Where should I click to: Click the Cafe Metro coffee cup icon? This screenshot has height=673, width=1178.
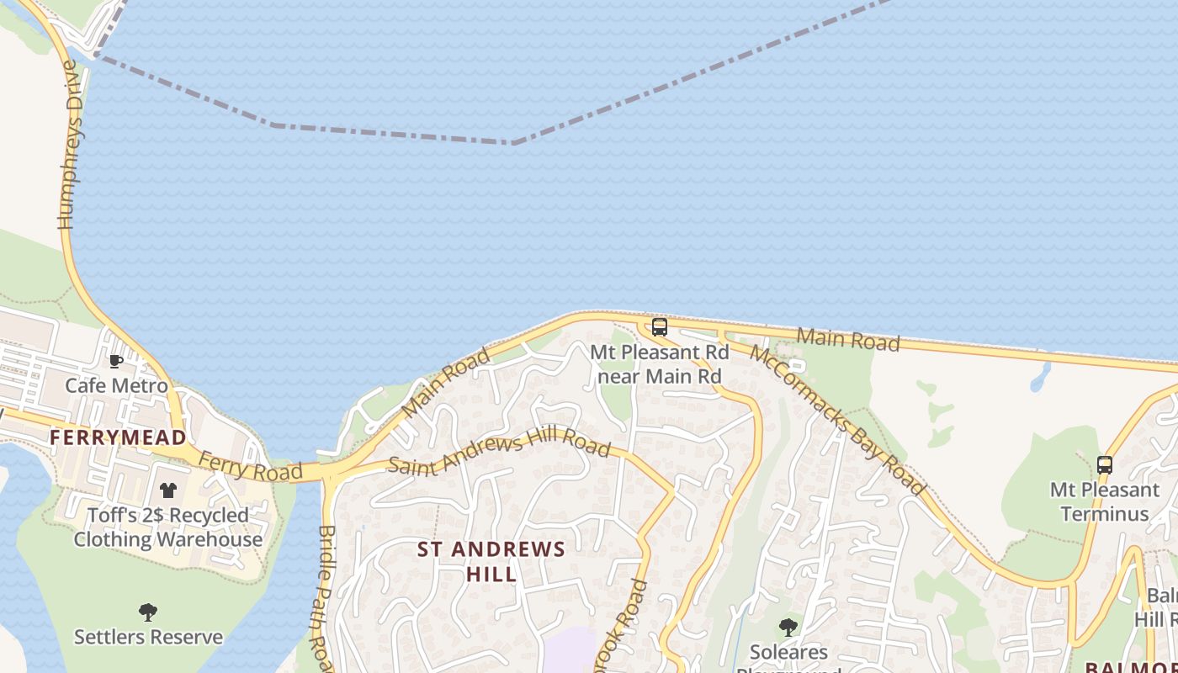(x=116, y=361)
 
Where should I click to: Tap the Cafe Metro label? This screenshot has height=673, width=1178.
(x=116, y=386)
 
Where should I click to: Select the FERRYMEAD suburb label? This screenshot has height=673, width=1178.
(x=118, y=437)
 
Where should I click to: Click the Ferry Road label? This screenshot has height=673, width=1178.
(x=251, y=468)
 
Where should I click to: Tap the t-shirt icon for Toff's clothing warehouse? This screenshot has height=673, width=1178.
(x=168, y=490)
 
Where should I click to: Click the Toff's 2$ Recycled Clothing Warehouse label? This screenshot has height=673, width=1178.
(x=168, y=527)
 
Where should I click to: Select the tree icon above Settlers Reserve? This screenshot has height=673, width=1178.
(x=148, y=612)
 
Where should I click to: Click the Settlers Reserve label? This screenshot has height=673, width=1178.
(x=148, y=637)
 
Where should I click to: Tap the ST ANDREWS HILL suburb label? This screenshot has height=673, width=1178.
(x=491, y=561)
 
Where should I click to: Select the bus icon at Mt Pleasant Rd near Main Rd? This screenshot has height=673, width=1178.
(x=660, y=327)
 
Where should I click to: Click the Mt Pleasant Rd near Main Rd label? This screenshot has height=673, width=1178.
(x=660, y=364)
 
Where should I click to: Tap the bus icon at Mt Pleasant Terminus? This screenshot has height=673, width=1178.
(x=1105, y=464)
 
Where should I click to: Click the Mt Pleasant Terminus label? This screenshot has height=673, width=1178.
(x=1105, y=501)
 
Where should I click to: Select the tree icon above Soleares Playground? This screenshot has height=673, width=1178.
(x=788, y=627)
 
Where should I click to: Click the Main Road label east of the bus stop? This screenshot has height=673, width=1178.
(x=848, y=340)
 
